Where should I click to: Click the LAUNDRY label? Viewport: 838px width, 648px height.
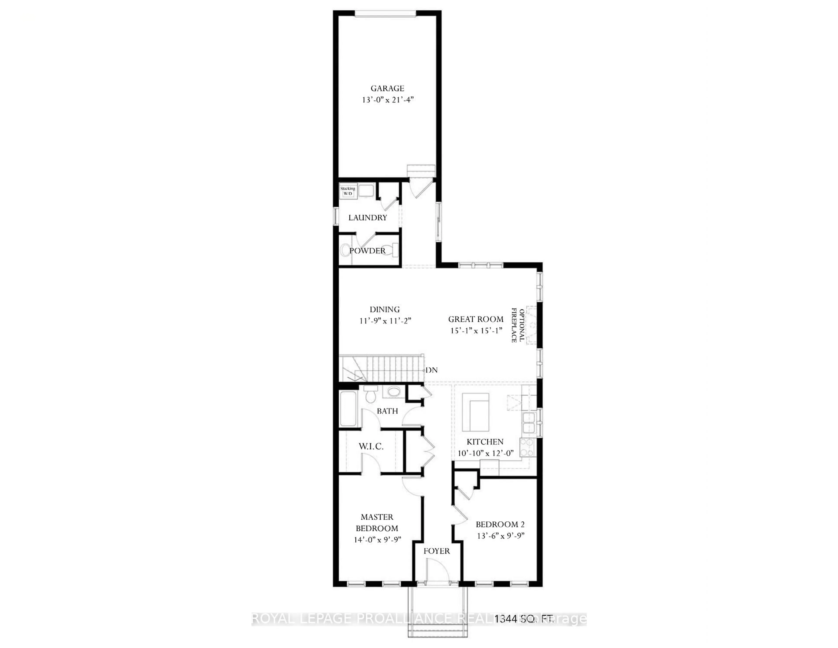[367, 218]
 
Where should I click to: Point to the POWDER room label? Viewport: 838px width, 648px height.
[367, 251]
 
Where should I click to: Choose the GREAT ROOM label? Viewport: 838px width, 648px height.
[476, 319]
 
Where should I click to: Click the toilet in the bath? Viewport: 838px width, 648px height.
[370, 395]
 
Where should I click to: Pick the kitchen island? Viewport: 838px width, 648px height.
[476, 412]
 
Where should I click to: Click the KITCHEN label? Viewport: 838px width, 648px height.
[485, 442]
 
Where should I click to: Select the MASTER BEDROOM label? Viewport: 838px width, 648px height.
[377, 522]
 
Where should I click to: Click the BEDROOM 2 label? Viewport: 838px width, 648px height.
[500, 524]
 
